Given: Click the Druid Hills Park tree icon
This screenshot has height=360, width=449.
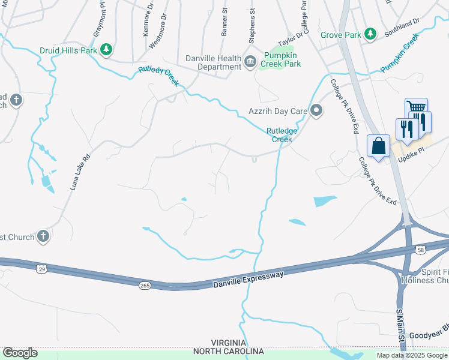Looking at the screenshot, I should click(107, 50).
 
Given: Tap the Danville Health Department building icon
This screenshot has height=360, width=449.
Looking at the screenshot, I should click(250, 62).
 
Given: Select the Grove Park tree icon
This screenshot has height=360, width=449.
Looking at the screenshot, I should click(371, 34).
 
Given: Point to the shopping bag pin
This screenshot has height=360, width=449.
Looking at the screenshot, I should click(378, 146).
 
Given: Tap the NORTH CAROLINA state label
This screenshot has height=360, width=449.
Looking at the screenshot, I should click(229, 351).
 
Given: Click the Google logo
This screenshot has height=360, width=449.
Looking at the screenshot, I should click(20, 352).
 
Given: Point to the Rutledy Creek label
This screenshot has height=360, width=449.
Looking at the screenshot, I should click(159, 76).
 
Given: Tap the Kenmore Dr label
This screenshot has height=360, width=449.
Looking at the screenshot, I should click(147, 21).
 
